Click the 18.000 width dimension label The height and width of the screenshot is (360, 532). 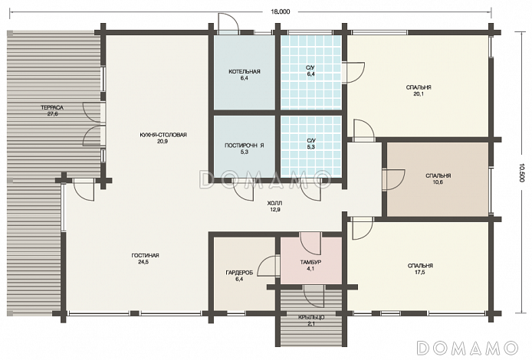(281, 11)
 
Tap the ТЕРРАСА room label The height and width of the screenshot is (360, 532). (52, 108)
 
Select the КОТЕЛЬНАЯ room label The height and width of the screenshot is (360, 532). (245, 71)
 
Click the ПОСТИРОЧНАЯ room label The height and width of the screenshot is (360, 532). (245, 146)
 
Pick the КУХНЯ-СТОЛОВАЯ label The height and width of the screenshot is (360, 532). (163, 135)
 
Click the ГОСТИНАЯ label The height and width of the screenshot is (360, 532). (145, 256)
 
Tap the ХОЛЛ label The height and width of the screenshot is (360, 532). (275, 204)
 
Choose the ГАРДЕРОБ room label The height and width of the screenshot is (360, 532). (239, 273)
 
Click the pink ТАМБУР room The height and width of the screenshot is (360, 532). (310, 260)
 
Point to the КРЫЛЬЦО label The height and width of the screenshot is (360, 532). (311, 318)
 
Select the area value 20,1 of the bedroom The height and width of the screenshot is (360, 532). (419, 94)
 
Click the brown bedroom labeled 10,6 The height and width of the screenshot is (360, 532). (438, 179)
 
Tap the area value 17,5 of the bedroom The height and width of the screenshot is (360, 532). (419, 272)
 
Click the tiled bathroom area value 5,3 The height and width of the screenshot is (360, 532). (310, 147)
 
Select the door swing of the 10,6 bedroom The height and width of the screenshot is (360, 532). (393, 180)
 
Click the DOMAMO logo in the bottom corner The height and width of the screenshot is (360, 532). (467, 349)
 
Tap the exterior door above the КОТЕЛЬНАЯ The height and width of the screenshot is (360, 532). (228, 23)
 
